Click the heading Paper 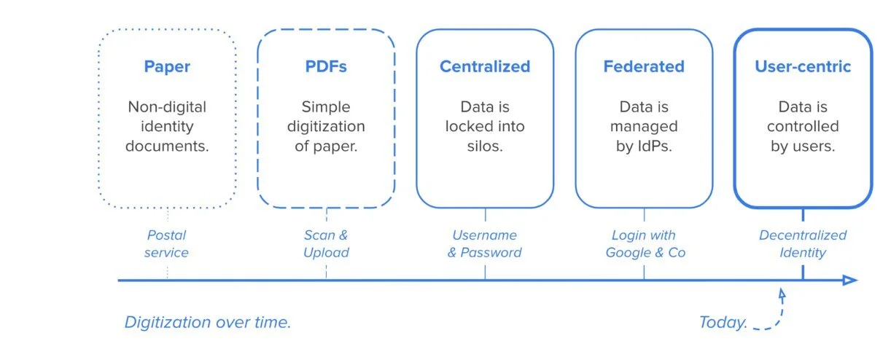167,67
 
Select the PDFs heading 326,67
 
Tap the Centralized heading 484,67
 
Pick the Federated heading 643,67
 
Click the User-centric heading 803,67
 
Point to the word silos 485,145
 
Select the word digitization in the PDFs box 326,126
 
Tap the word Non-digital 167,107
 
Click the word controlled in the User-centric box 803,126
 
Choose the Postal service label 166,244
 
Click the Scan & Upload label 326,244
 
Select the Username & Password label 484,244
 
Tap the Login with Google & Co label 643,244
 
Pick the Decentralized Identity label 803,244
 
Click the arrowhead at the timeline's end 850,280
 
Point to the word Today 723,322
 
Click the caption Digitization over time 208,322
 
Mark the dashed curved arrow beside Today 775,313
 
